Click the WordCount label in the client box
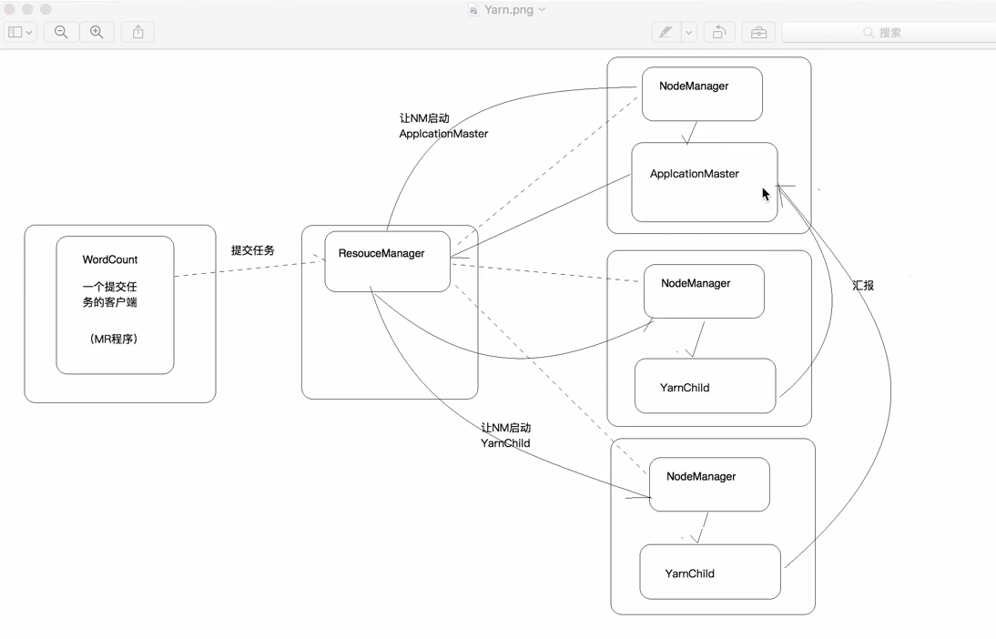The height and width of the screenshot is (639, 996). click(x=110, y=259)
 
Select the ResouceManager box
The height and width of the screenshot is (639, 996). click(x=387, y=261)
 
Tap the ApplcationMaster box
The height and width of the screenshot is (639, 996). click(x=704, y=181)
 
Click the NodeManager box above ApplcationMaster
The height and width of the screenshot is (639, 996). click(x=701, y=94)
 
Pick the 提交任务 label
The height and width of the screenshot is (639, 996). click(x=252, y=250)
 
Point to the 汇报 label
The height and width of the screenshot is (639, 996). click(x=863, y=285)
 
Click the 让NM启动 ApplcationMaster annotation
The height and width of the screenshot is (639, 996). click(x=443, y=126)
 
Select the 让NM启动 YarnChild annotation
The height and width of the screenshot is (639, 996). click(x=506, y=435)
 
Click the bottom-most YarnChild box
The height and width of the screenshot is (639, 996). click(x=709, y=572)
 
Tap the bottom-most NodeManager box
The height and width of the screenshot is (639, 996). click(x=708, y=484)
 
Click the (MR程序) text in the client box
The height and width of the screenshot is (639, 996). click(x=114, y=339)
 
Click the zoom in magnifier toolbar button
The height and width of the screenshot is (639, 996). click(x=97, y=32)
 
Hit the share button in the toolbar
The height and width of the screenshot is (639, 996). click(x=138, y=32)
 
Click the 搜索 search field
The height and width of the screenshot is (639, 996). click(x=888, y=32)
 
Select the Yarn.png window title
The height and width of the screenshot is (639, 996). click(x=508, y=9)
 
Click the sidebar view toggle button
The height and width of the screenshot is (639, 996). click(x=20, y=32)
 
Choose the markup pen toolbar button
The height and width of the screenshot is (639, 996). click(x=666, y=32)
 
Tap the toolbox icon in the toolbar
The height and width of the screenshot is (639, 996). click(x=758, y=32)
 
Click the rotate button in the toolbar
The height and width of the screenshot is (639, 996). click(x=718, y=32)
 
